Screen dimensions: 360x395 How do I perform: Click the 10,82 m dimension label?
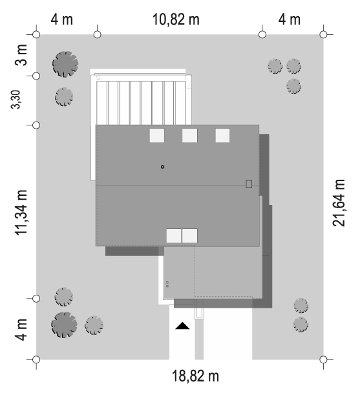[x=176, y=19]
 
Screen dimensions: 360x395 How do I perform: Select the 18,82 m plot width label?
[x=195, y=376]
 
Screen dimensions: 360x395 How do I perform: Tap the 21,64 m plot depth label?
[x=339, y=203]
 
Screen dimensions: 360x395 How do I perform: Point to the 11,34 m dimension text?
[x=21, y=213]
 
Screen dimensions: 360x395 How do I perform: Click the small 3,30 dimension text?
[x=16, y=100]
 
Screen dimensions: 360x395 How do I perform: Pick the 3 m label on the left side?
[x=21, y=55]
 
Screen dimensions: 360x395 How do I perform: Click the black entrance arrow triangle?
[x=182, y=326]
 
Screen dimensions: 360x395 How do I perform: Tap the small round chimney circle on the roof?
[x=162, y=167]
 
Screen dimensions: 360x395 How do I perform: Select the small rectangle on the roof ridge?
[x=249, y=184]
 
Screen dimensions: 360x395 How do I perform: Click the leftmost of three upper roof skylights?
[x=157, y=135]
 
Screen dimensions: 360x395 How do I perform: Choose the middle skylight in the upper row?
[x=190, y=135]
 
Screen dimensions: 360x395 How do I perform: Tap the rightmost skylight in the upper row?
[x=222, y=135]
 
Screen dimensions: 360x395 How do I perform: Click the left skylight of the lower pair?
[x=174, y=236]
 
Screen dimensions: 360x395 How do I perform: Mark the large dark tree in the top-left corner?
[x=65, y=64]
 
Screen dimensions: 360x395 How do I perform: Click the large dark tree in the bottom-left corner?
[x=64, y=325]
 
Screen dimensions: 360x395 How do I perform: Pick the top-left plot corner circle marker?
[x=37, y=34]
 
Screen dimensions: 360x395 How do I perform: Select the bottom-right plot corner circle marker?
[x=323, y=359]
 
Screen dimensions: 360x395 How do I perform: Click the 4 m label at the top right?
[x=289, y=19]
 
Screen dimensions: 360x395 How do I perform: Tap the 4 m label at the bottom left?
[x=21, y=330]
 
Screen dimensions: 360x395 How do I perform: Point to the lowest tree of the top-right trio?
[x=293, y=86]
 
